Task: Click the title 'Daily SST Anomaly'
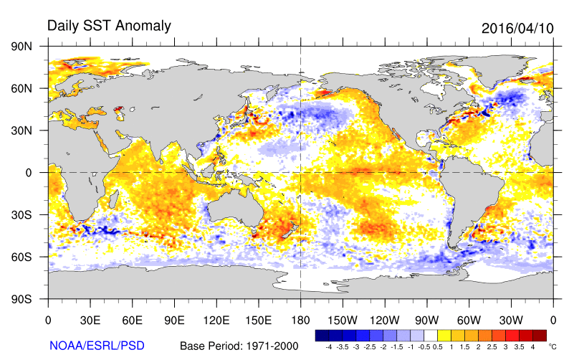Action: tap(109, 26)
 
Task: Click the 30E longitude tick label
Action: tap(90, 320)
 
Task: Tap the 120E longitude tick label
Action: tap(216, 320)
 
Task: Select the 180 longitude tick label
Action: tap(300, 320)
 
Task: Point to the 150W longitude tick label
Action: tap(343, 320)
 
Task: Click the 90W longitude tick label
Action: tap(426, 320)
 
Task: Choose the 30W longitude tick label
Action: tap(511, 320)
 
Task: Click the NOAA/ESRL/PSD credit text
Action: tap(96, 345)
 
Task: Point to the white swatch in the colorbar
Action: tap(430, 335)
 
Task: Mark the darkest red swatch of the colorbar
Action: tap(540, 335)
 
